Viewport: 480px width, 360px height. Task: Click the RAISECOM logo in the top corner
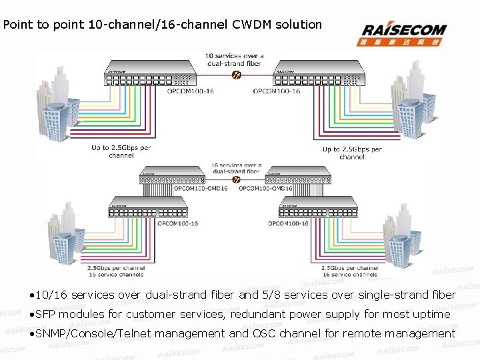[404, 33]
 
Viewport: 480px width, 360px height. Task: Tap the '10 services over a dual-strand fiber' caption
[234, 60]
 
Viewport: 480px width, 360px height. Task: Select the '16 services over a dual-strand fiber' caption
[235, 168]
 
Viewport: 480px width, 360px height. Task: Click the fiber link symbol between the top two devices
[236, 74]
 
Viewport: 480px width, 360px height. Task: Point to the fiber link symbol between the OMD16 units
[236, 179]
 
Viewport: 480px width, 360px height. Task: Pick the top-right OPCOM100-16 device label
[276, 92]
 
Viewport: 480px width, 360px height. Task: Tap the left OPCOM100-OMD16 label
[201, 189]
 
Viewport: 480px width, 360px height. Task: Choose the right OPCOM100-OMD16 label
[265, 189]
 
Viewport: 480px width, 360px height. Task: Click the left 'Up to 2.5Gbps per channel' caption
[121, 151]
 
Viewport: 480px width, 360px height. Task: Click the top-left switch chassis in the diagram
[149, 73]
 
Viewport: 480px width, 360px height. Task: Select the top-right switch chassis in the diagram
[323, 73]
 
